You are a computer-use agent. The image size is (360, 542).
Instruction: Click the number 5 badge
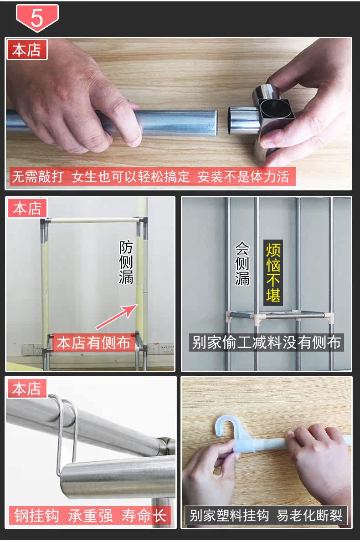[x=37, y=18]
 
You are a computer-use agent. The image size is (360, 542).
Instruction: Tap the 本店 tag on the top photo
[x=27, y=50]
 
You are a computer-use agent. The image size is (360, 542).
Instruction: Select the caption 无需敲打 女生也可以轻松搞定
[x=101, y=177]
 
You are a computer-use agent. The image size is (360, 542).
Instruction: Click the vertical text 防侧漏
[x=126, y=262]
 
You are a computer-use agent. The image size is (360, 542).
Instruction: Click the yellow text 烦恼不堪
[x=273, y=273]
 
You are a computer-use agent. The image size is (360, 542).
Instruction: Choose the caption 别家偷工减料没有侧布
[x=266, y=343]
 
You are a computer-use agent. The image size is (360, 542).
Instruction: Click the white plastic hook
[x=239, y=435]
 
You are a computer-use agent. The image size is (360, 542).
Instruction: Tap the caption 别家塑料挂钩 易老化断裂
[x=266, y=516]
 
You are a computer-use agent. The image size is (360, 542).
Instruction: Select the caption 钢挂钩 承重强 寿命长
[x=90, y=516]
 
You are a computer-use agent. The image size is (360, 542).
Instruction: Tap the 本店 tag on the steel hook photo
[x=26, y=389]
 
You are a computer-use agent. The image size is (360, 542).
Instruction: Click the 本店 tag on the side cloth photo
[x=26, y=209]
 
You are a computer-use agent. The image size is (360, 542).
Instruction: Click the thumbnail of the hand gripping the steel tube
[x=179, y=114]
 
